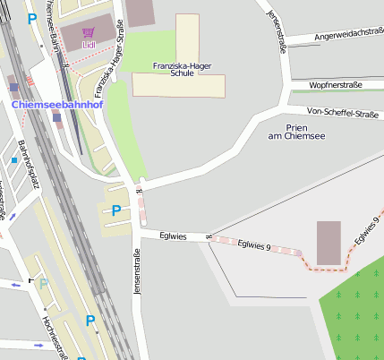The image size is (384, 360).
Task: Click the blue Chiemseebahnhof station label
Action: point(57,105)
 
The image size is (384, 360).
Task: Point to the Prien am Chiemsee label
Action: point(296,131)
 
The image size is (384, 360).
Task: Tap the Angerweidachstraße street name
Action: point(348,34)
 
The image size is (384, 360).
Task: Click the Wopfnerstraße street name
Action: point(335,85)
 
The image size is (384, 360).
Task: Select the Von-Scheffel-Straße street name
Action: point(342,113)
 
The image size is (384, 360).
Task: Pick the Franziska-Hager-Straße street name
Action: point(108,61)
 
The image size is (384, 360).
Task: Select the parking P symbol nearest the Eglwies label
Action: point(115,211)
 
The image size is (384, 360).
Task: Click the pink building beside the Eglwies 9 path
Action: point(329,243)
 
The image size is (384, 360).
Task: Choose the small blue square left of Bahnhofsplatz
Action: point(14,160)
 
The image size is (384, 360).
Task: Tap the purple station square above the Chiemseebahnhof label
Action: point(13,87)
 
